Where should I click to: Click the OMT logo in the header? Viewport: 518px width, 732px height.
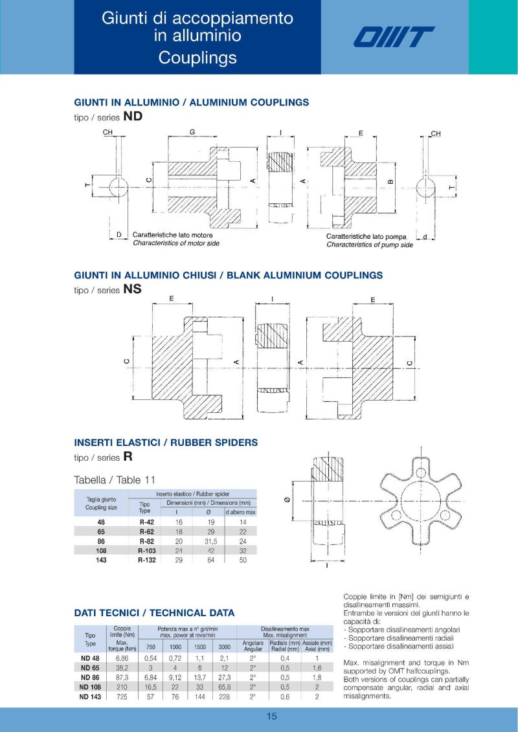point(394,37)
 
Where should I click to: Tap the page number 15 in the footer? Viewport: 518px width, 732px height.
point(271,716)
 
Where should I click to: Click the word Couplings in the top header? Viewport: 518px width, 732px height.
point(197,58)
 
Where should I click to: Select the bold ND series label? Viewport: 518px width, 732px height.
point(132,116)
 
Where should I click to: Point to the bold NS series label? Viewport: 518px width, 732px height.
point(132,289)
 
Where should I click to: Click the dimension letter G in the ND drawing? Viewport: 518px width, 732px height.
point(192,132)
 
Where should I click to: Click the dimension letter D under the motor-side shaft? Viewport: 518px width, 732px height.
point(119,235)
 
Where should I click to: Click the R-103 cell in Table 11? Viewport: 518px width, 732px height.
point(146,550)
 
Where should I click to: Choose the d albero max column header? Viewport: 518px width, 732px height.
point(240,512)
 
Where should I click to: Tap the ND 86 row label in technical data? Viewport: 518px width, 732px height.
point(90,677)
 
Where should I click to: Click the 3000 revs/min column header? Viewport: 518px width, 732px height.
point(224,647)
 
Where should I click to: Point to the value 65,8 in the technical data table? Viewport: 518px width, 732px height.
point(224,687)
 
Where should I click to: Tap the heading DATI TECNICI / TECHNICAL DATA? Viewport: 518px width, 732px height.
point(154,613)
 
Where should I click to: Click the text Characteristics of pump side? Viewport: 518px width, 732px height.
point(369,245)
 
